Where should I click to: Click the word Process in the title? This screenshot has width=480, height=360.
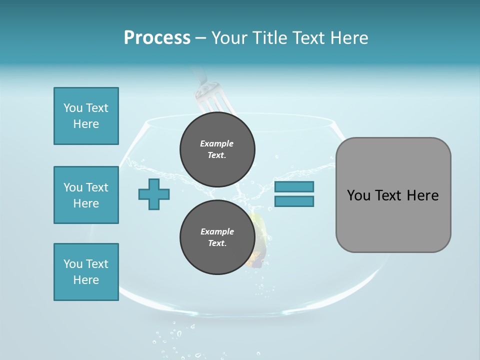point(157,37)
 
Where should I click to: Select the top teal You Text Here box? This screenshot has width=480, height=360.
point(86,116)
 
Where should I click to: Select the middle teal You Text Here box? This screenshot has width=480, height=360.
point(86,195)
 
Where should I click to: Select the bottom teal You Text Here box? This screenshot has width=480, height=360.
point(86,272)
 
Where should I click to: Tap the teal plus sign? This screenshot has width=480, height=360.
point(154,194)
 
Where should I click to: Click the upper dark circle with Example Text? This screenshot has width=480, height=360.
point(217,149)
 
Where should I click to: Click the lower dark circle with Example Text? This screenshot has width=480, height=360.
point(217,237)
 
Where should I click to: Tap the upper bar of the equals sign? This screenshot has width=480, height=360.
point(294,186)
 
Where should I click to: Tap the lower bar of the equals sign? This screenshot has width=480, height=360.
point(294,201)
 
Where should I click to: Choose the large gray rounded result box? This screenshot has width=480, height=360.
point(393,195)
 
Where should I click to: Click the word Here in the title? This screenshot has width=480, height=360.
point(349,37)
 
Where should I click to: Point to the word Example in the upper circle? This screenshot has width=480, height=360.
point(217,143)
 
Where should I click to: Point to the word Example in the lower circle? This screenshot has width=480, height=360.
point(217,231)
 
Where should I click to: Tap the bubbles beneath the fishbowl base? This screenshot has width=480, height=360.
point(172,340)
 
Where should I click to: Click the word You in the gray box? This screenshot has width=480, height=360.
point(359,195)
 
